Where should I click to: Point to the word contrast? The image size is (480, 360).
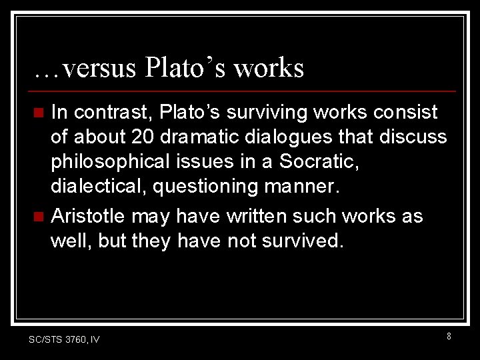point(113,112)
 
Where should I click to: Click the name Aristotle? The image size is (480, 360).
point(89,216)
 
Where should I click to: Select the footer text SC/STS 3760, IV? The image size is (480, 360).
point(64,339)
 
